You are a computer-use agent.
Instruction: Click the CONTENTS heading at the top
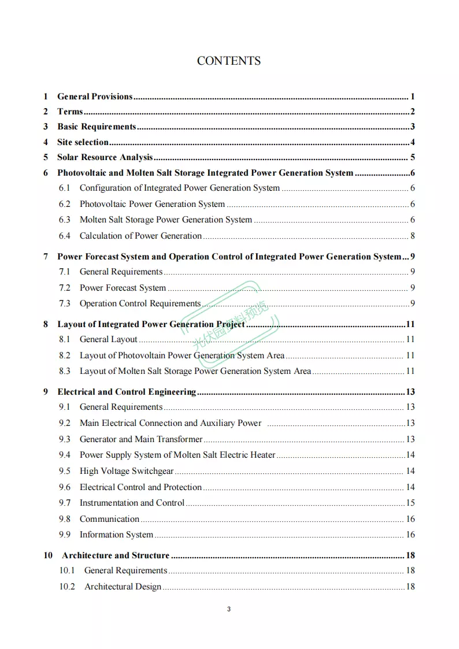pos(229,61)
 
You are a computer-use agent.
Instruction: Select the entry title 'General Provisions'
pos(95,97)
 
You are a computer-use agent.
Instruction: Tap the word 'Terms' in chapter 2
pos(70,112)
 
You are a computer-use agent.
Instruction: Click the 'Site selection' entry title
pos(83,142)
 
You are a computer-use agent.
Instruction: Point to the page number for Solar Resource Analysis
pos(413,157)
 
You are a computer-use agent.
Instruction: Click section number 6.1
pos(64,188)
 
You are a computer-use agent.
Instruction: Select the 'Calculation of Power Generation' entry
pos(140,236)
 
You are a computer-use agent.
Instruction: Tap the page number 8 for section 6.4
pos(413,236)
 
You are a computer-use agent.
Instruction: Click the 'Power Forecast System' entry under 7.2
pos(123,288)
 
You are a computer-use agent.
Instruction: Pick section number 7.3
pos(64,303)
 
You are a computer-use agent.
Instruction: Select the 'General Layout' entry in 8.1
pos(109,339)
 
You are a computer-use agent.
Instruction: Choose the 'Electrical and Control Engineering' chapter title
pos(127,392)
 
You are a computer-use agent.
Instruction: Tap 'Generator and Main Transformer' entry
pos(141,439)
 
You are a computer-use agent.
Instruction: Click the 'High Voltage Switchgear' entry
pos(127,471)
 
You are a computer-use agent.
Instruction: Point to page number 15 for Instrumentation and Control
pos(410,503)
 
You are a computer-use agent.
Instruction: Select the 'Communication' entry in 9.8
pos(109,519)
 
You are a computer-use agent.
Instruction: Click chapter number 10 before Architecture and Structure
pos(48,555)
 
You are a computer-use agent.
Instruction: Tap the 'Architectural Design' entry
pos(123,587)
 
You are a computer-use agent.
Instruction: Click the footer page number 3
pos(229,609)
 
